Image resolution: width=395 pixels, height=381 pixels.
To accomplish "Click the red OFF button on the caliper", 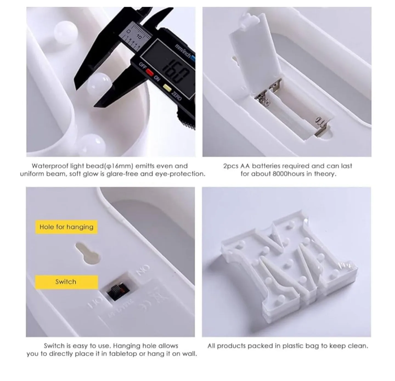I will (x=149, y=72).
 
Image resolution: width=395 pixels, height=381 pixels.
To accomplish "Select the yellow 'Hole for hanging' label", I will (x=66, y=227).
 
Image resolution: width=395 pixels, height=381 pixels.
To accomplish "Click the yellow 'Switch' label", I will (x=66, y=282).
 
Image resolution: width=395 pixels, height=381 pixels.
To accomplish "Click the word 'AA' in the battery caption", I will (x=246, y=166).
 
